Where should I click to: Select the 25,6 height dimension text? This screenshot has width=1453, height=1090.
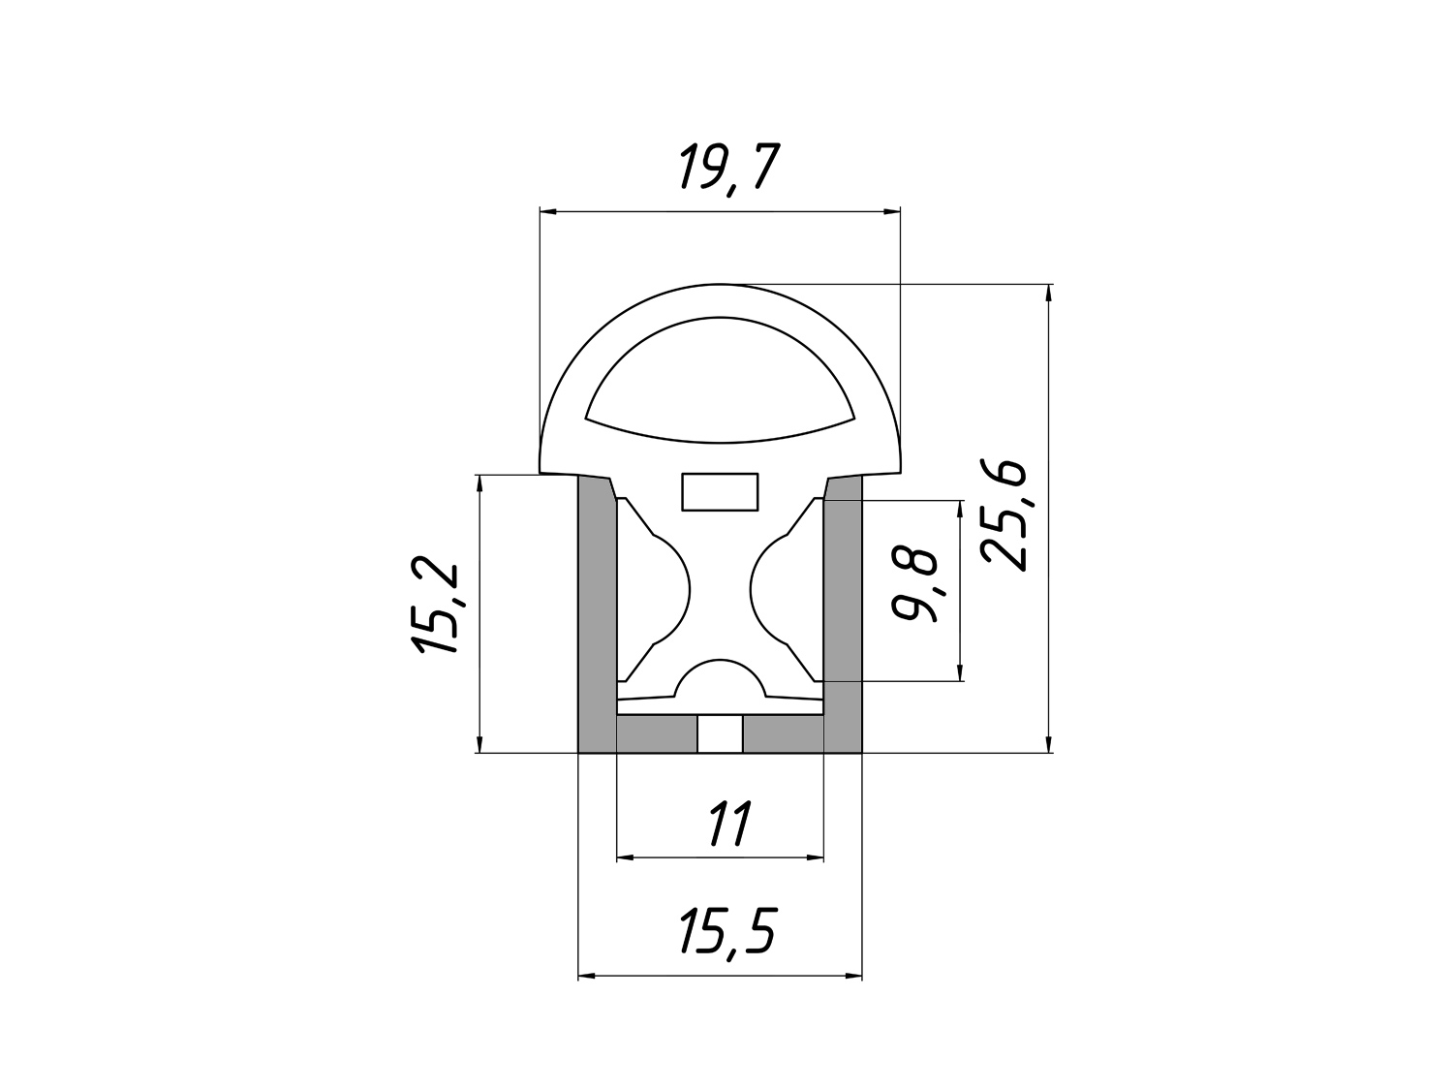[x=1005, y=514]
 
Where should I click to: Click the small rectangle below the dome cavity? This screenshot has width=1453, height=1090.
[x=720, y=492]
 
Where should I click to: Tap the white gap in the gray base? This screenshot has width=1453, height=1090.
[x=720, y=733]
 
